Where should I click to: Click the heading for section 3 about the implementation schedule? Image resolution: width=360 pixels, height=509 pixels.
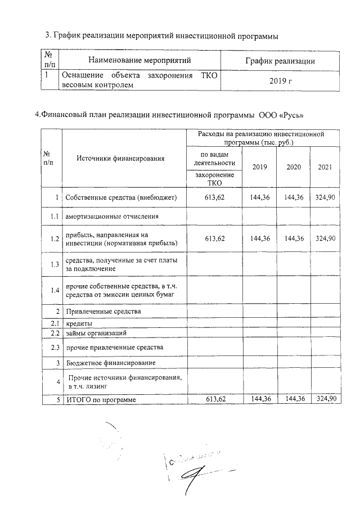[161, 36]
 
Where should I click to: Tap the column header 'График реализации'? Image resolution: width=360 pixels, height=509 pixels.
[281, 61]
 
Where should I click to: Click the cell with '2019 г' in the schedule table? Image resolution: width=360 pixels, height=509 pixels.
[281, 81]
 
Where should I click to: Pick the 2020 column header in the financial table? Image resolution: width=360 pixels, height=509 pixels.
[293, 167]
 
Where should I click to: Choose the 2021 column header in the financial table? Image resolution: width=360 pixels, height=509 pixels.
[325, 167]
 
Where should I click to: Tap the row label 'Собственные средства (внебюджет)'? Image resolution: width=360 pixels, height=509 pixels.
[121, 197]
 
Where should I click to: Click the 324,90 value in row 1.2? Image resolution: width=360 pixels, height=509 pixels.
[326, 238]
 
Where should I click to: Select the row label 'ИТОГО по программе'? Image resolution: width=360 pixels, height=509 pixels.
[101, 399]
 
